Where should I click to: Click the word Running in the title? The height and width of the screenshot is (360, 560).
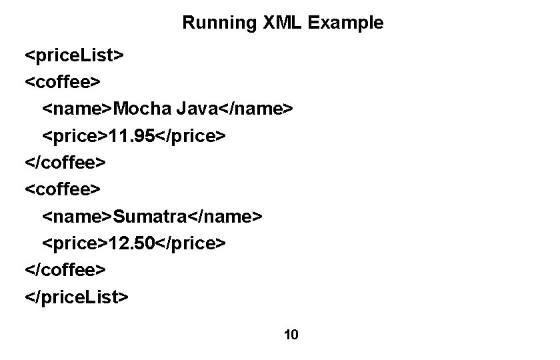tap(210, 23)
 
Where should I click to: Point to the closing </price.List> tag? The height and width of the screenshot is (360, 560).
tap(76, 296)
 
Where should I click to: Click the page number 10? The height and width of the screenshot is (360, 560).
tap(291, 335)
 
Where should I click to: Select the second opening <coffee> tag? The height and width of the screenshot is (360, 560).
tap(63, 190)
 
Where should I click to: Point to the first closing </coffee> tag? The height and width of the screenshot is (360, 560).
tap(65, 162)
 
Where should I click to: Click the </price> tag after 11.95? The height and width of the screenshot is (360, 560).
tap(189, 135)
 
